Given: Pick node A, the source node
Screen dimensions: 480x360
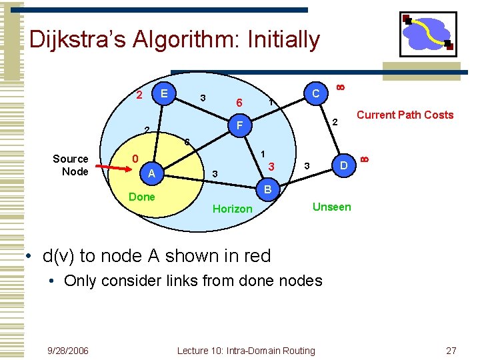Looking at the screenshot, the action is point(152,174).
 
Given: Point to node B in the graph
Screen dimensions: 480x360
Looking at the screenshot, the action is point(266,190).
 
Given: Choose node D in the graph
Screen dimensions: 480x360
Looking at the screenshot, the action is point(344,165).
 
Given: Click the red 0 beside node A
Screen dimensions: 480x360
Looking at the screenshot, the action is point(135,159).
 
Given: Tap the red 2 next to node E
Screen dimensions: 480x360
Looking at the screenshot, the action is point(139,93).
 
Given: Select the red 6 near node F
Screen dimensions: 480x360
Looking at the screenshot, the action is point(239,103).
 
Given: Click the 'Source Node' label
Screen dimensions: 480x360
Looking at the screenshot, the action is point(70,165).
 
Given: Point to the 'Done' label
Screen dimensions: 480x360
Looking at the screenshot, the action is point(141,197).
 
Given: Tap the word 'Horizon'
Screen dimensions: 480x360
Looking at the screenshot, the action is point(232,209).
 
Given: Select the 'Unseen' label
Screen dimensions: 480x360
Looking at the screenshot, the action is point(331,207).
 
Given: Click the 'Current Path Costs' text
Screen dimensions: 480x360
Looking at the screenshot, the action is point(405,115).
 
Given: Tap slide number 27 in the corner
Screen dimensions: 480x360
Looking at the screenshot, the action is point(451,351).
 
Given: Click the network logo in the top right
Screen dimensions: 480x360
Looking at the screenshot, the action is point(427,34).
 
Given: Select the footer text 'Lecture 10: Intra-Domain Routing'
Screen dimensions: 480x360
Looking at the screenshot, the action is point(246,351).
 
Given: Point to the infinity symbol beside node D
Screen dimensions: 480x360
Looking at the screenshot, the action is point(364,158).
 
